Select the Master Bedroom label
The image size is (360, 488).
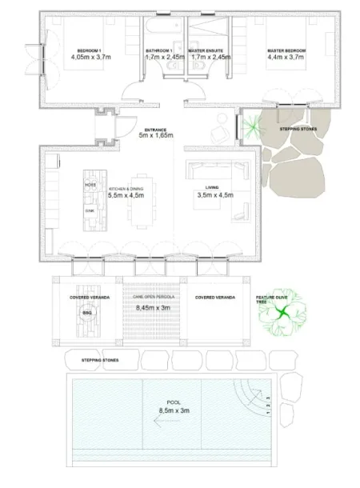287,50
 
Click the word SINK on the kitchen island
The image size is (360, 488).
90,211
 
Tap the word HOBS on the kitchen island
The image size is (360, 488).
90,184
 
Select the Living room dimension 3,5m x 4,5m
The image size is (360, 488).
214,194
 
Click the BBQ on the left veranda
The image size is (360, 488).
88,314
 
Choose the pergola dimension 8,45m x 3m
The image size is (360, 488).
154,306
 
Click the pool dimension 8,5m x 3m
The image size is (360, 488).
174,412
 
